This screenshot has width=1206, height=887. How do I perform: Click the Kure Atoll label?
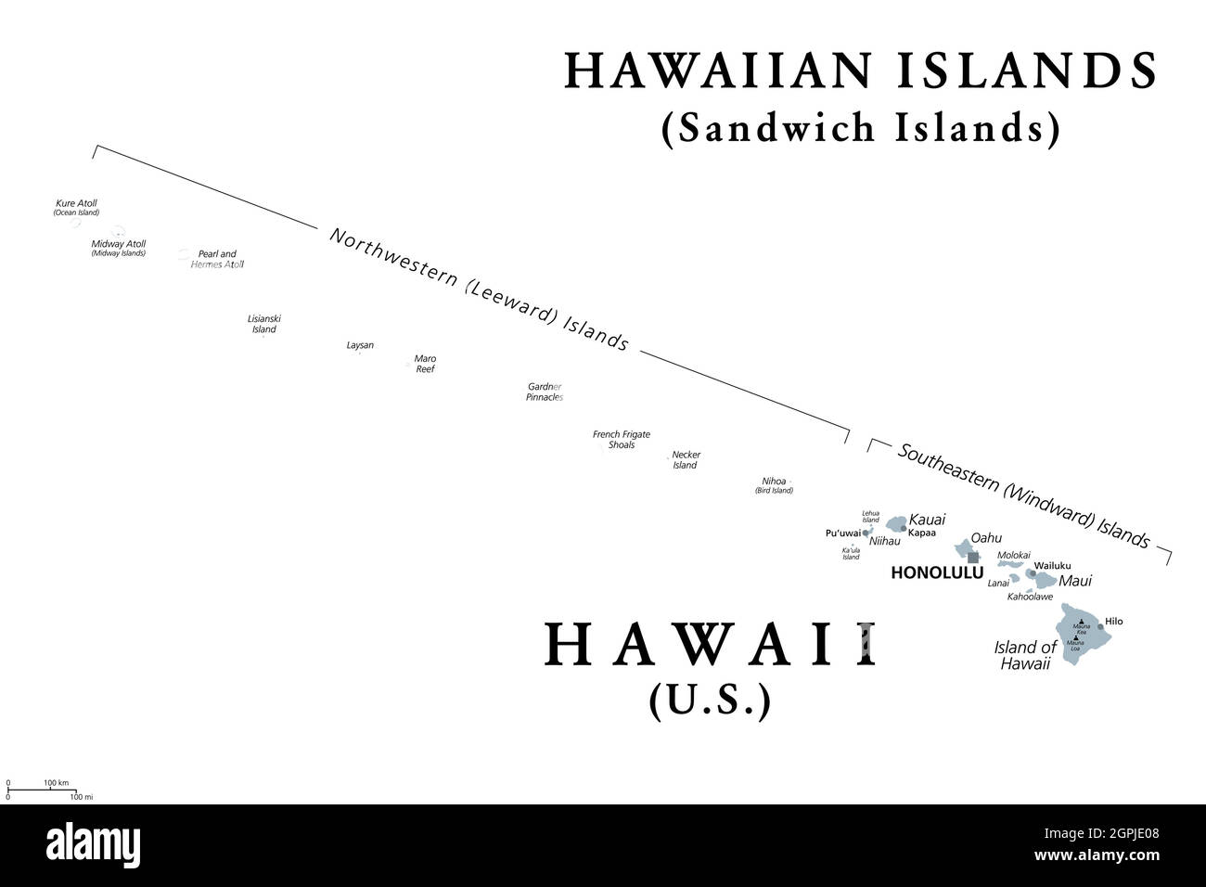76,203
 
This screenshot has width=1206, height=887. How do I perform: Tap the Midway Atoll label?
118,244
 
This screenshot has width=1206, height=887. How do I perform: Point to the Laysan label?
360,345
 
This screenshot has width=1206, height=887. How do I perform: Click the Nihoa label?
774,482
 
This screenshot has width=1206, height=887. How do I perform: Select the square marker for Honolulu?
973,557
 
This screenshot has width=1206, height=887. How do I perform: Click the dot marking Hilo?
1101,626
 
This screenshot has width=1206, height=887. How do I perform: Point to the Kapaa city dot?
904,528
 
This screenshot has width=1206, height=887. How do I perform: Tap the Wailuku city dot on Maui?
1032,573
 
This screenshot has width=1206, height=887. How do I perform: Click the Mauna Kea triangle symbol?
1082,622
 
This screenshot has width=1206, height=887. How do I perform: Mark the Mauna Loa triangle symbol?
1075,636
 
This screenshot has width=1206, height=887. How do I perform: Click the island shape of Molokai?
1010,563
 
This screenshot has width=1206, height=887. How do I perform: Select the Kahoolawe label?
1030,597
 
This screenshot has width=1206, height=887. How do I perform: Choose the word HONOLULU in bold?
936,573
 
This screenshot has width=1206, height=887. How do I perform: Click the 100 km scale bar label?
57,783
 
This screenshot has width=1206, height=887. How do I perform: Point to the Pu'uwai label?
842,533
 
